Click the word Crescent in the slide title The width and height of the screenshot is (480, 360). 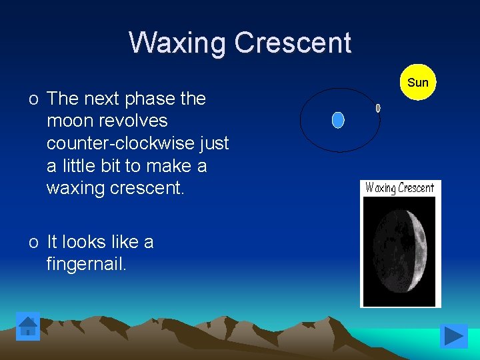point(293,43)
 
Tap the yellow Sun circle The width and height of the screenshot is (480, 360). point(418,83)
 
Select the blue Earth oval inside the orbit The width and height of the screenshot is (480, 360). point(338,120)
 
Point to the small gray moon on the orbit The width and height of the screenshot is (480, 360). point(378,108)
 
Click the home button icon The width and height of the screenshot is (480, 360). point(28,327)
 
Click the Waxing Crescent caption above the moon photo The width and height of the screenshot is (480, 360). point(400,188)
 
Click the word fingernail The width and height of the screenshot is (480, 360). point(86,265)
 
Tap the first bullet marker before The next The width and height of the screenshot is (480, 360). point(33,99)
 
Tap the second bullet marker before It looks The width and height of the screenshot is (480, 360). point(33,243)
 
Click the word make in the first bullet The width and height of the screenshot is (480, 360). point(167,166)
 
